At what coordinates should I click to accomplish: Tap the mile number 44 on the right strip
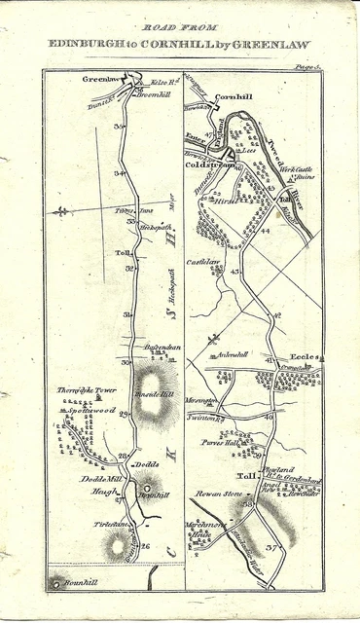coord(265,231)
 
